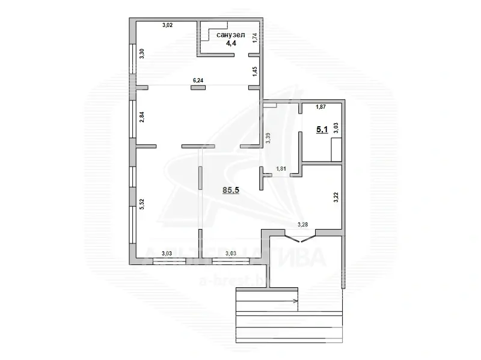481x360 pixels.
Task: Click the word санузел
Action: tap(231, 35)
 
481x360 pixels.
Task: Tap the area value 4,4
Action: tap(231, 44)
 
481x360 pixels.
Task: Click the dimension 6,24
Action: tap(197, 79)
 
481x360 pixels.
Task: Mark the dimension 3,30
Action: tap(142, 53)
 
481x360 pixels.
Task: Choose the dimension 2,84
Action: tap(142, 117)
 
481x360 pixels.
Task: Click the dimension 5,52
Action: tap(142, 204)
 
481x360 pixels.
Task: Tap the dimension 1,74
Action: tap(255, 38)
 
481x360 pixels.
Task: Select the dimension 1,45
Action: tap(255, 71)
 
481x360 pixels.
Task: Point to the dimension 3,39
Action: tap(268, 138)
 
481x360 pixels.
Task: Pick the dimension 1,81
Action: tap(281, 169)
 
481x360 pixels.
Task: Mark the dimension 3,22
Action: tap(335, 197)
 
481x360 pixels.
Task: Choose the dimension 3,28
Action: tap(304, 225)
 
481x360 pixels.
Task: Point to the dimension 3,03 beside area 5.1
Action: tap(335, 127)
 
